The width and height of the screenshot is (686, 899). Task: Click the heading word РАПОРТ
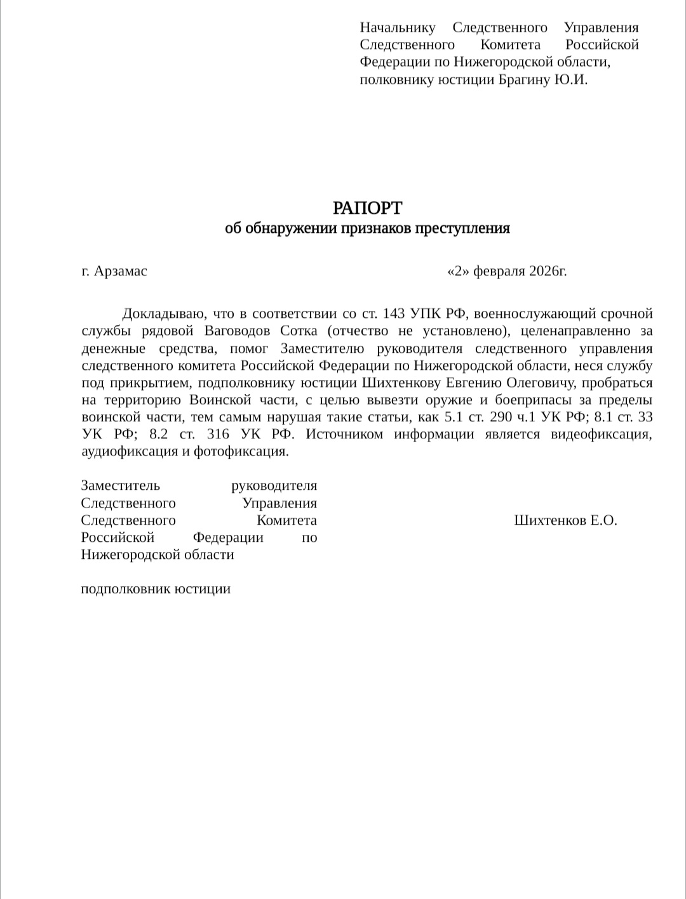click(x=367, y=208)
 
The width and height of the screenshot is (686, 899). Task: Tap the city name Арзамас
click(x=120, y=271)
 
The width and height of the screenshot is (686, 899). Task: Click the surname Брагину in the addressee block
click(x=525, y=79)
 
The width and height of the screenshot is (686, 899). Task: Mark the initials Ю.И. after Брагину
click(x=571, y=79)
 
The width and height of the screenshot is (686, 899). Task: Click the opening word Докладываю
click(x=162, y=313)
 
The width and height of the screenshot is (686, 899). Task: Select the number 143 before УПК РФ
click(x=394, y=313)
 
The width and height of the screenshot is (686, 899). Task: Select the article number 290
click(x=502, y=417)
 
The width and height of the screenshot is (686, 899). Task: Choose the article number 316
click(x=218, y=435)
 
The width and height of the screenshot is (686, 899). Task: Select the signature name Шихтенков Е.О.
click(x=565, y=521)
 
